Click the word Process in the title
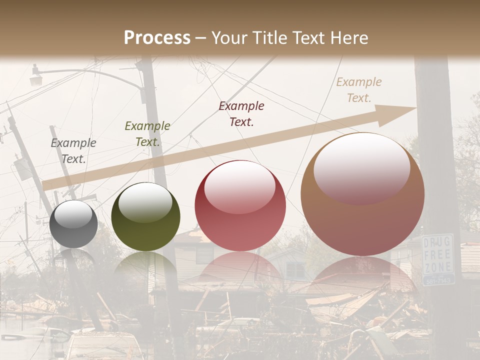[x=157, y=38]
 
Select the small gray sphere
[x=73, y=224]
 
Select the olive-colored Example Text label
[x=147, y=134]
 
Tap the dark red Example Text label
[x=241, y=113]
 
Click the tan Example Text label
[x=359, y=90]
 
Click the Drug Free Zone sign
[x=438, y=259]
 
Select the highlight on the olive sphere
[x=145, y=201]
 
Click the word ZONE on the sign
[x=437, y=266]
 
